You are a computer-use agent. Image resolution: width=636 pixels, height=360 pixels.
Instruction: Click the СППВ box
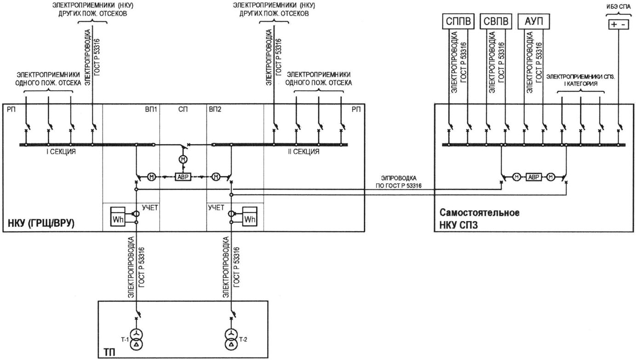coord(458,21)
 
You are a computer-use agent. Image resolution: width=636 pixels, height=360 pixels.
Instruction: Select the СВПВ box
coord(496,21)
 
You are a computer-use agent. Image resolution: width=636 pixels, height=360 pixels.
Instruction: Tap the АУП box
coord(534,21)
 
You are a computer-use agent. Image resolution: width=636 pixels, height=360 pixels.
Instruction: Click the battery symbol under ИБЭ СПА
coord(619,24)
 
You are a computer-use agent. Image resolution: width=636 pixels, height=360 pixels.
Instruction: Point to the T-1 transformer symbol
coord(136,339)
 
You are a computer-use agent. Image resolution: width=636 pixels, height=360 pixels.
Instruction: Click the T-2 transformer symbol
coord(231,339)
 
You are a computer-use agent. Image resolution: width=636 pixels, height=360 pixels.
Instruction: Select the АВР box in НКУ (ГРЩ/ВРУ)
coord(183,177)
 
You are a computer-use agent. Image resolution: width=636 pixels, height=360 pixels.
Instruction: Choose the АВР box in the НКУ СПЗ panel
coord(534,177)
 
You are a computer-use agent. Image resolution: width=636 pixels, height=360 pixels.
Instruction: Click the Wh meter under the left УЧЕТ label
coord(118,216)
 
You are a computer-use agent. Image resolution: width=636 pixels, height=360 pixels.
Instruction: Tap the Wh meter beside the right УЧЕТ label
coord(250,216)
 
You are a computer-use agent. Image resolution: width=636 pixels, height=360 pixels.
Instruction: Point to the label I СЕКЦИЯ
coord(61,152)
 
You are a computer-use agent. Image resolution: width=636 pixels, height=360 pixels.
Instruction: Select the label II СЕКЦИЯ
coord(304,152)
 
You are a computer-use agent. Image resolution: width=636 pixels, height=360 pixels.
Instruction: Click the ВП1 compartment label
coord(151,110)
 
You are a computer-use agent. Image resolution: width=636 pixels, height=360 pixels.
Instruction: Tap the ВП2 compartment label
coord(215,110)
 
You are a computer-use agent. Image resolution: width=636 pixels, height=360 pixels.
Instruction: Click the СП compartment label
coord(183,110)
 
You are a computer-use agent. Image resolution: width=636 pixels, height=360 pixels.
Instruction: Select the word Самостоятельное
coord(480,213)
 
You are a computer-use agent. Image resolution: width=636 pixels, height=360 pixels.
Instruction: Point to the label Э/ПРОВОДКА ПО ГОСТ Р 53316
coord(399,182)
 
